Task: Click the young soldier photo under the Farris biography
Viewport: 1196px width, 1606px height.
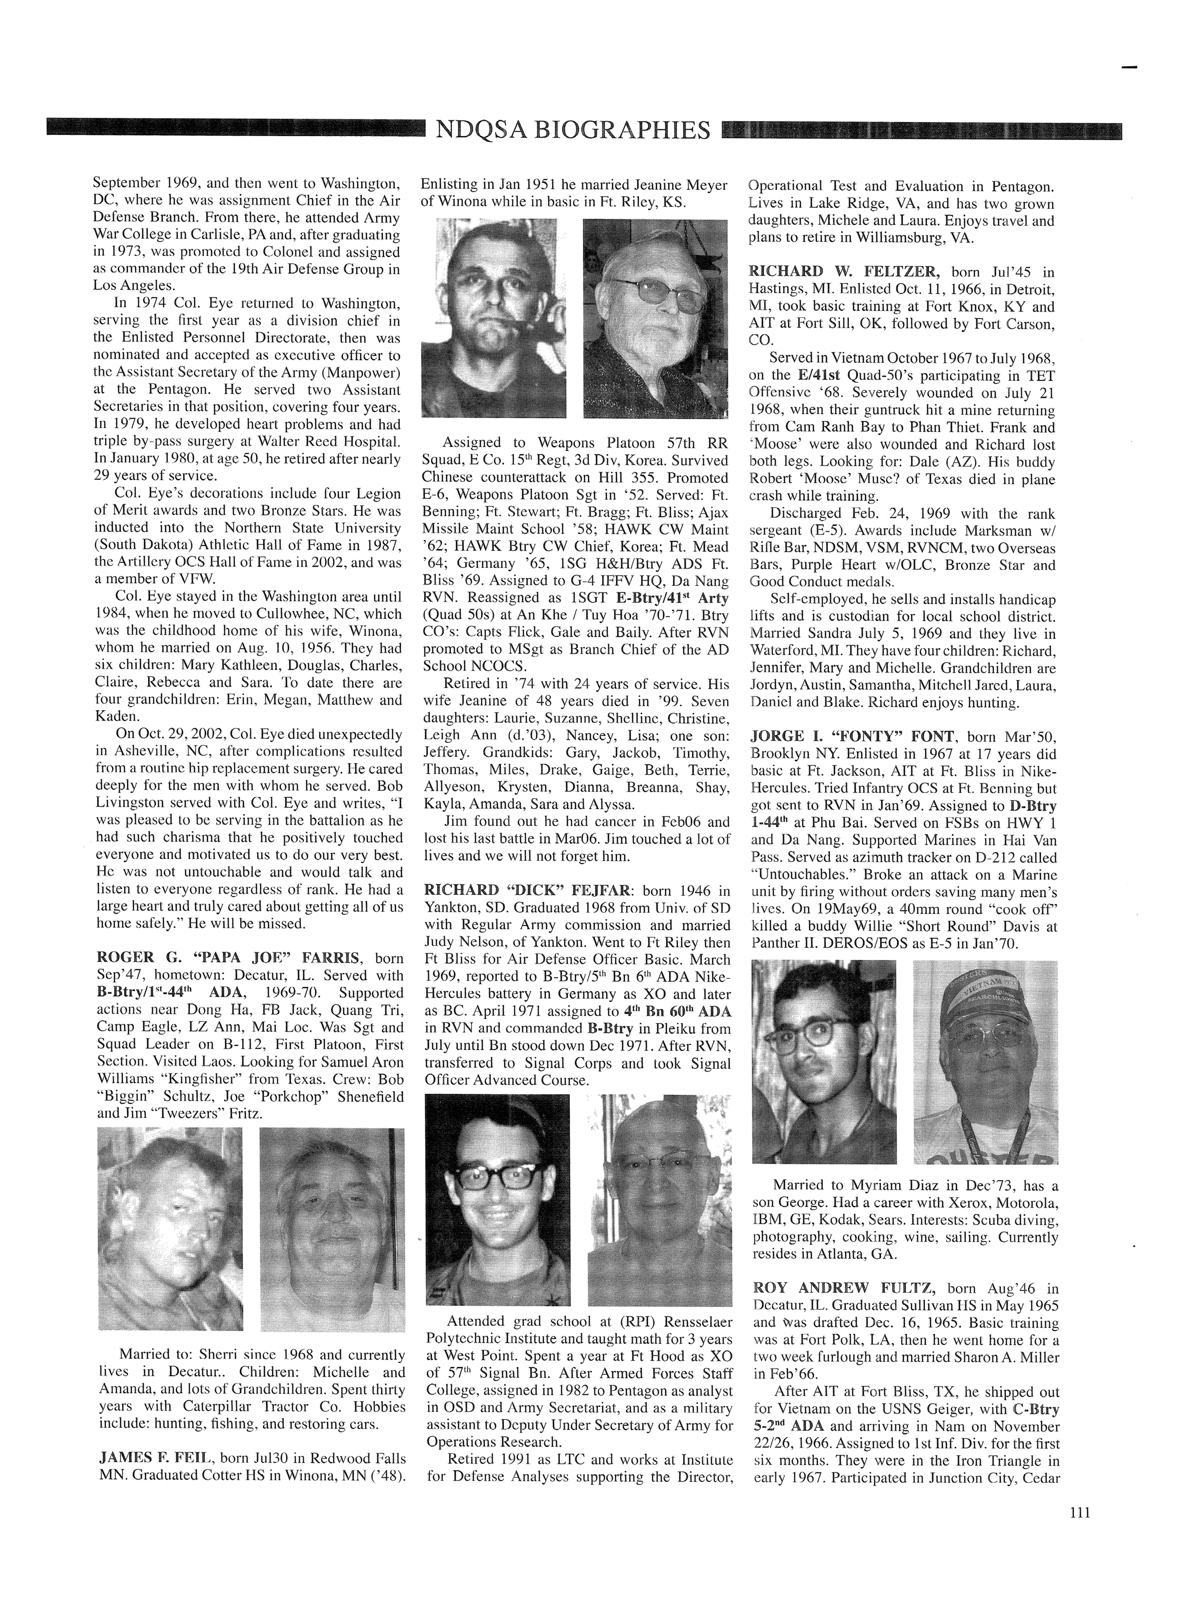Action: pos(170,1229)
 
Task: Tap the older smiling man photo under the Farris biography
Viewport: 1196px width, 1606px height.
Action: pos(332,1229)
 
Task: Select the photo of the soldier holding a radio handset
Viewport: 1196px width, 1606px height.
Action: pos(494,319)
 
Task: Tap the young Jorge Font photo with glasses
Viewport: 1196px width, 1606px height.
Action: pos(824,1062)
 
